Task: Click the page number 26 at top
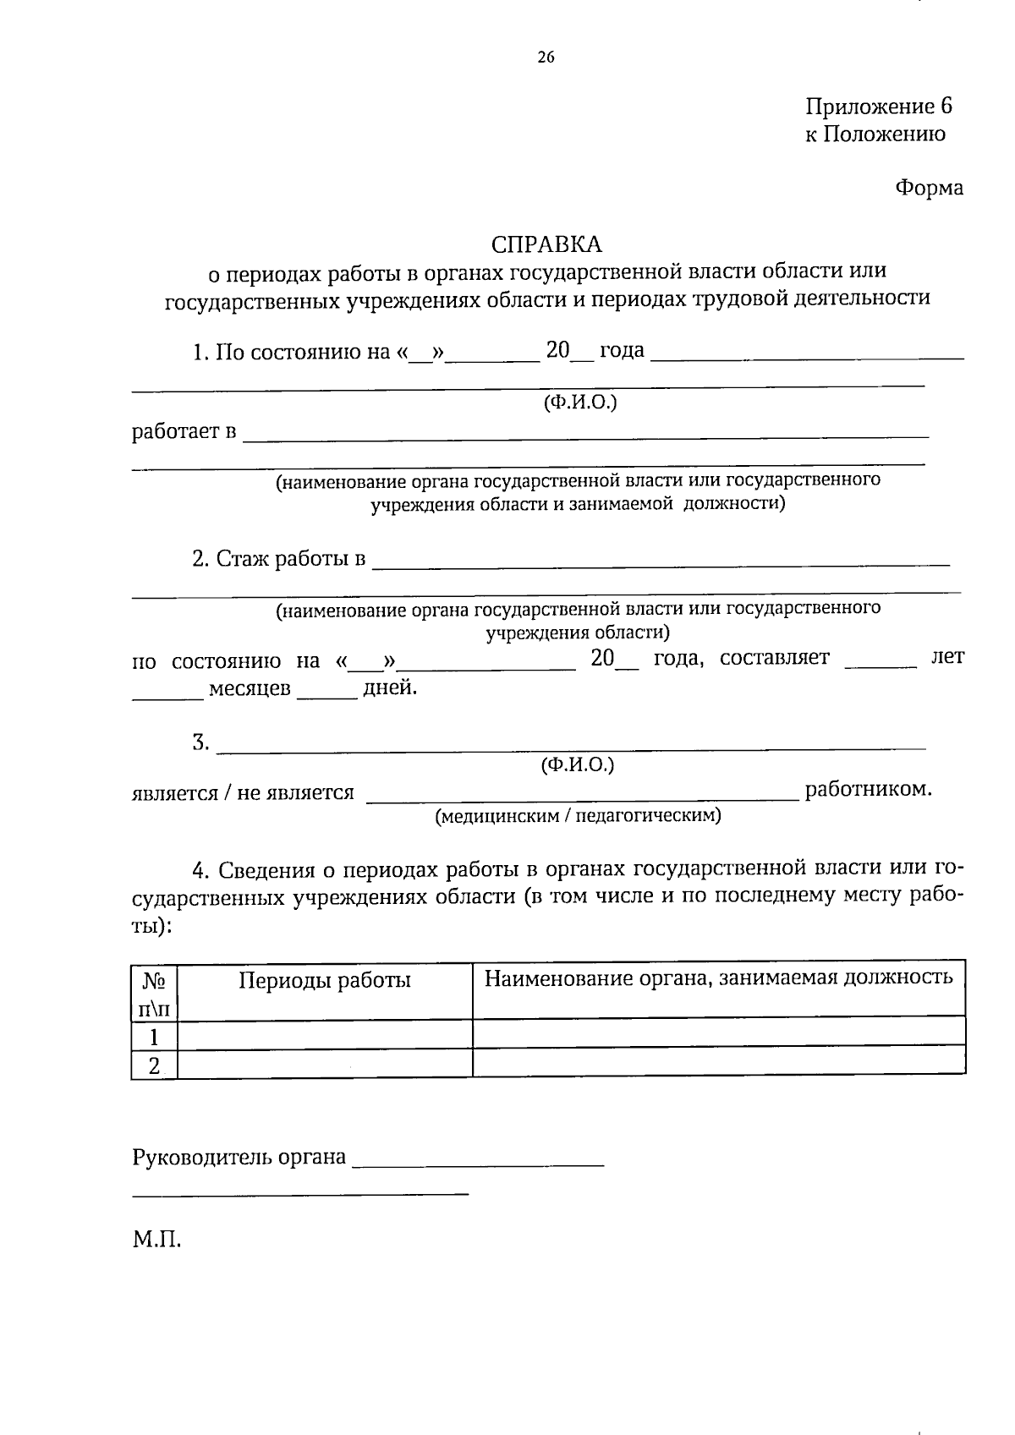[x=546, y=58]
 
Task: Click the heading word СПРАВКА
[x=546, y=244]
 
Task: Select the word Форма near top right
[x=929, y=188]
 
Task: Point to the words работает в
[x=184, y=432]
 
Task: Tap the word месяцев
[x=250, y=688]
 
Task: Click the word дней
[x=389, y=687]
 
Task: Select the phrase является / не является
[x=243, y=792]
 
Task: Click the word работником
[x=868, y=789]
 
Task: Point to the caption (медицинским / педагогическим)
[x=578, y=816]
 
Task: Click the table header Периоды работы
[x=324, y=980]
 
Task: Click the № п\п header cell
[x=154, y=992]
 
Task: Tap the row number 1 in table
[x=154, y=1037]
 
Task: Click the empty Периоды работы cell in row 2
[x=324, y=1065]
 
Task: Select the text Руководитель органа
[x=239, y=1157]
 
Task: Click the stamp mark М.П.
[x=156, y=1241]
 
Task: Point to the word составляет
[x=774, y=658]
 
